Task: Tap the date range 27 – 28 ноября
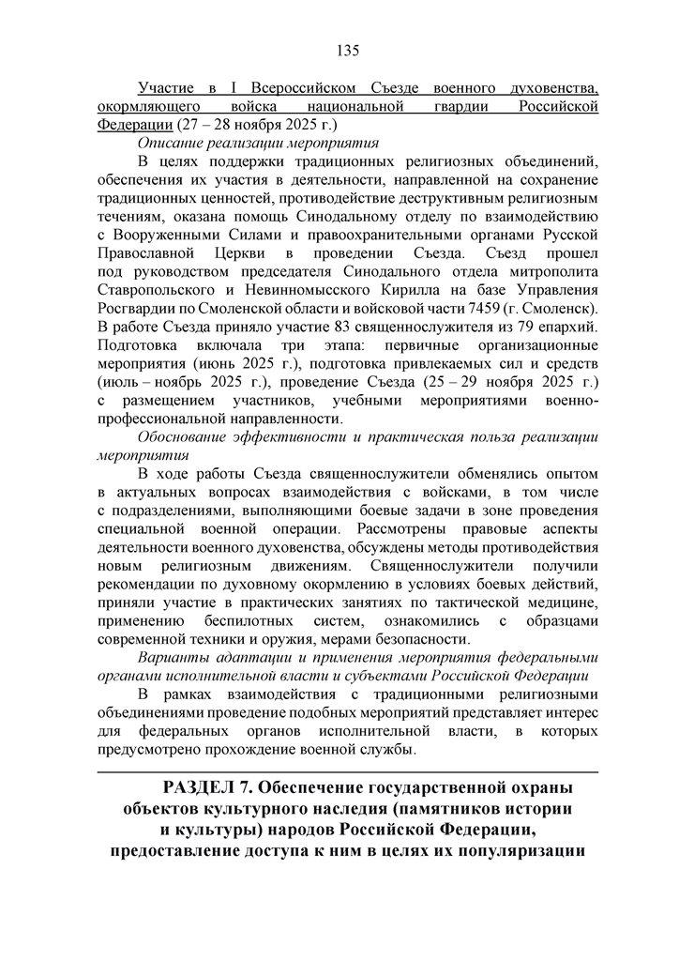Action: (245, 124)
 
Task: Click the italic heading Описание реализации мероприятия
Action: (257, 143)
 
